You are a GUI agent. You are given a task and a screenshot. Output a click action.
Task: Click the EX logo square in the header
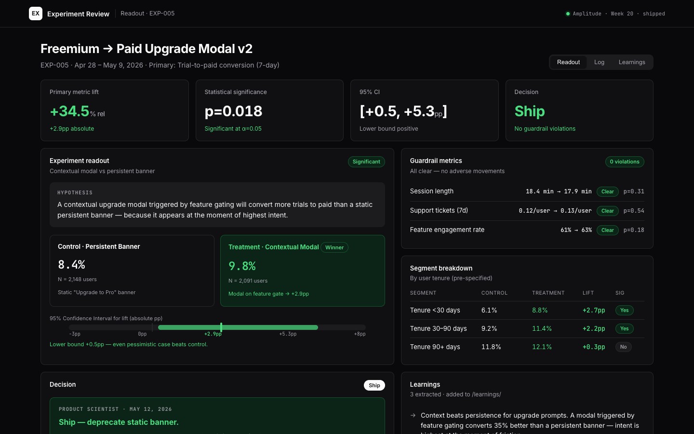pyautogui.click(x=36, y=14)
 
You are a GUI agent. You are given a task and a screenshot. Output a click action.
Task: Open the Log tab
pyautogui.click(x=599, y=62)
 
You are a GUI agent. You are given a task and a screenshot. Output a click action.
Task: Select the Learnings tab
pyautogui.click(x=632, y=62)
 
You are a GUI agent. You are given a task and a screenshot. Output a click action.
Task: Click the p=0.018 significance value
pyautogui.click(x=233, y=111)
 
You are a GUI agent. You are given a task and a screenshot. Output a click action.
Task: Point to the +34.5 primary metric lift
pyautogui.click(x=69, y=111)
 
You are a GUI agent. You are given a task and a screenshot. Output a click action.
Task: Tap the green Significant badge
pyautogui.click(x=366, y=162)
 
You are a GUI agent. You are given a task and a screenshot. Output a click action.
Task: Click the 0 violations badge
pyautogui.click(x=625, y=162)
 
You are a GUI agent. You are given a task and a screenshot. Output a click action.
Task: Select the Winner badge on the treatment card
pyautogui.click(x=334, y=247)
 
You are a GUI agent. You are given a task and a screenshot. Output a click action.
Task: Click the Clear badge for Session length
pyautogui.click(x=607, y=191)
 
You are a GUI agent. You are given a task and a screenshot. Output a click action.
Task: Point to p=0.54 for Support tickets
pyautogui.click(x=634, y=211)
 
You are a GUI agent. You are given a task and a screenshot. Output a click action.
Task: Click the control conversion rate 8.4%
pyautogui.click(x=71, y=264)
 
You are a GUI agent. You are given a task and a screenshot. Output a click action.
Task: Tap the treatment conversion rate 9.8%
pyautogui.click(x=242, y=266)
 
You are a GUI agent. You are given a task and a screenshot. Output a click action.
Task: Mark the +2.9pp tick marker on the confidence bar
pyautogui.click(x=221, y=327)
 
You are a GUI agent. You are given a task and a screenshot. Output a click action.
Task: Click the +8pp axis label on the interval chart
pyautogui.click(x=360, y=334)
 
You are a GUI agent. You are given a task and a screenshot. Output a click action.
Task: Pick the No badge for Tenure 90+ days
pyautogui.click(x=623, y=347)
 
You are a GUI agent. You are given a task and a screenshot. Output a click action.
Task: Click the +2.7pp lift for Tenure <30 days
pyautogui.click(x=594, y=311)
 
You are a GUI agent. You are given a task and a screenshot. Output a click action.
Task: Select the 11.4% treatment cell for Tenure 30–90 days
pyautogui.click(x=542, y=328)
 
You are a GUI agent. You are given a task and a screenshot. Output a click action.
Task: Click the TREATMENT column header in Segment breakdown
pyautogui.click(x=548, y=293)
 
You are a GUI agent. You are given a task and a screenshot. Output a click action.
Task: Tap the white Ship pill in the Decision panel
pyautogui.click(x=374, y=385)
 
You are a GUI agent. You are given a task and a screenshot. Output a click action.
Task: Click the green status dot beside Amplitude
pyautogui.click(x=568, y=14)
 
